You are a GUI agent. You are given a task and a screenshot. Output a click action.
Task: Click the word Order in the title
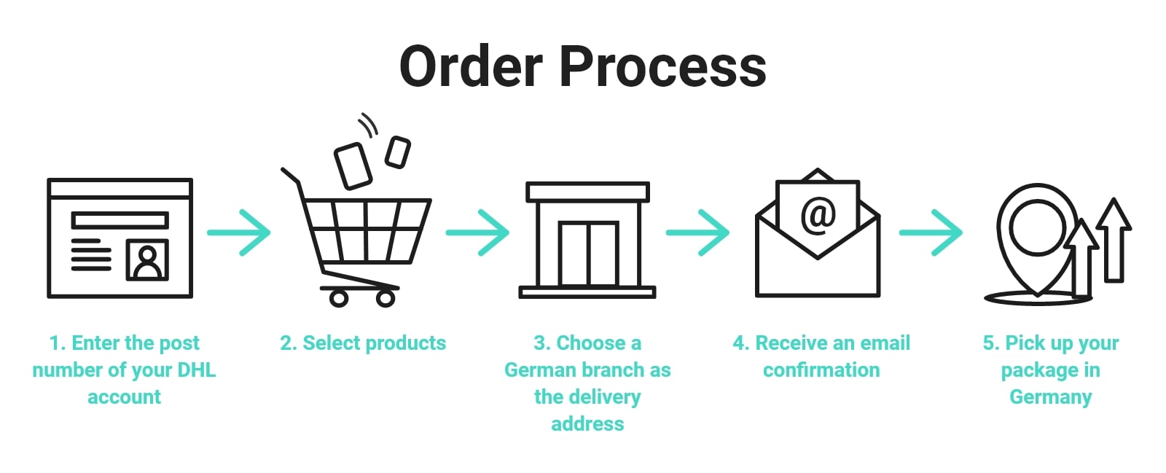471,67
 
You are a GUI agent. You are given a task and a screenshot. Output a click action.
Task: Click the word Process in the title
662,67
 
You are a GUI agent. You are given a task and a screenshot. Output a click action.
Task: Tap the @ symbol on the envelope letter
818,215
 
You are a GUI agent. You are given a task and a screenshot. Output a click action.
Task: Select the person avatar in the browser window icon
148,260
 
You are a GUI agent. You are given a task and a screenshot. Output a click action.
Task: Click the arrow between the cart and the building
478,232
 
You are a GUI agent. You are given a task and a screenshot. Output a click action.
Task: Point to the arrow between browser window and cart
239,232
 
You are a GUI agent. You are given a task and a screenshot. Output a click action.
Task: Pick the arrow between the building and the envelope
697,232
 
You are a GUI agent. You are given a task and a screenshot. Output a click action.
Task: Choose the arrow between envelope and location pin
931,232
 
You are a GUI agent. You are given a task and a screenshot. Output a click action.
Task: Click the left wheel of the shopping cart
338,297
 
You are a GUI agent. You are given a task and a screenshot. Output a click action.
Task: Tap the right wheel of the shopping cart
385,297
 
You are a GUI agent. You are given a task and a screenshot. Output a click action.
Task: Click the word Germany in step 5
1050,397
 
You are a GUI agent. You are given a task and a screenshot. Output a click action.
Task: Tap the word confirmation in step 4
821,370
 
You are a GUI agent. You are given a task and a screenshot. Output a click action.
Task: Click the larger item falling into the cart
353,165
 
